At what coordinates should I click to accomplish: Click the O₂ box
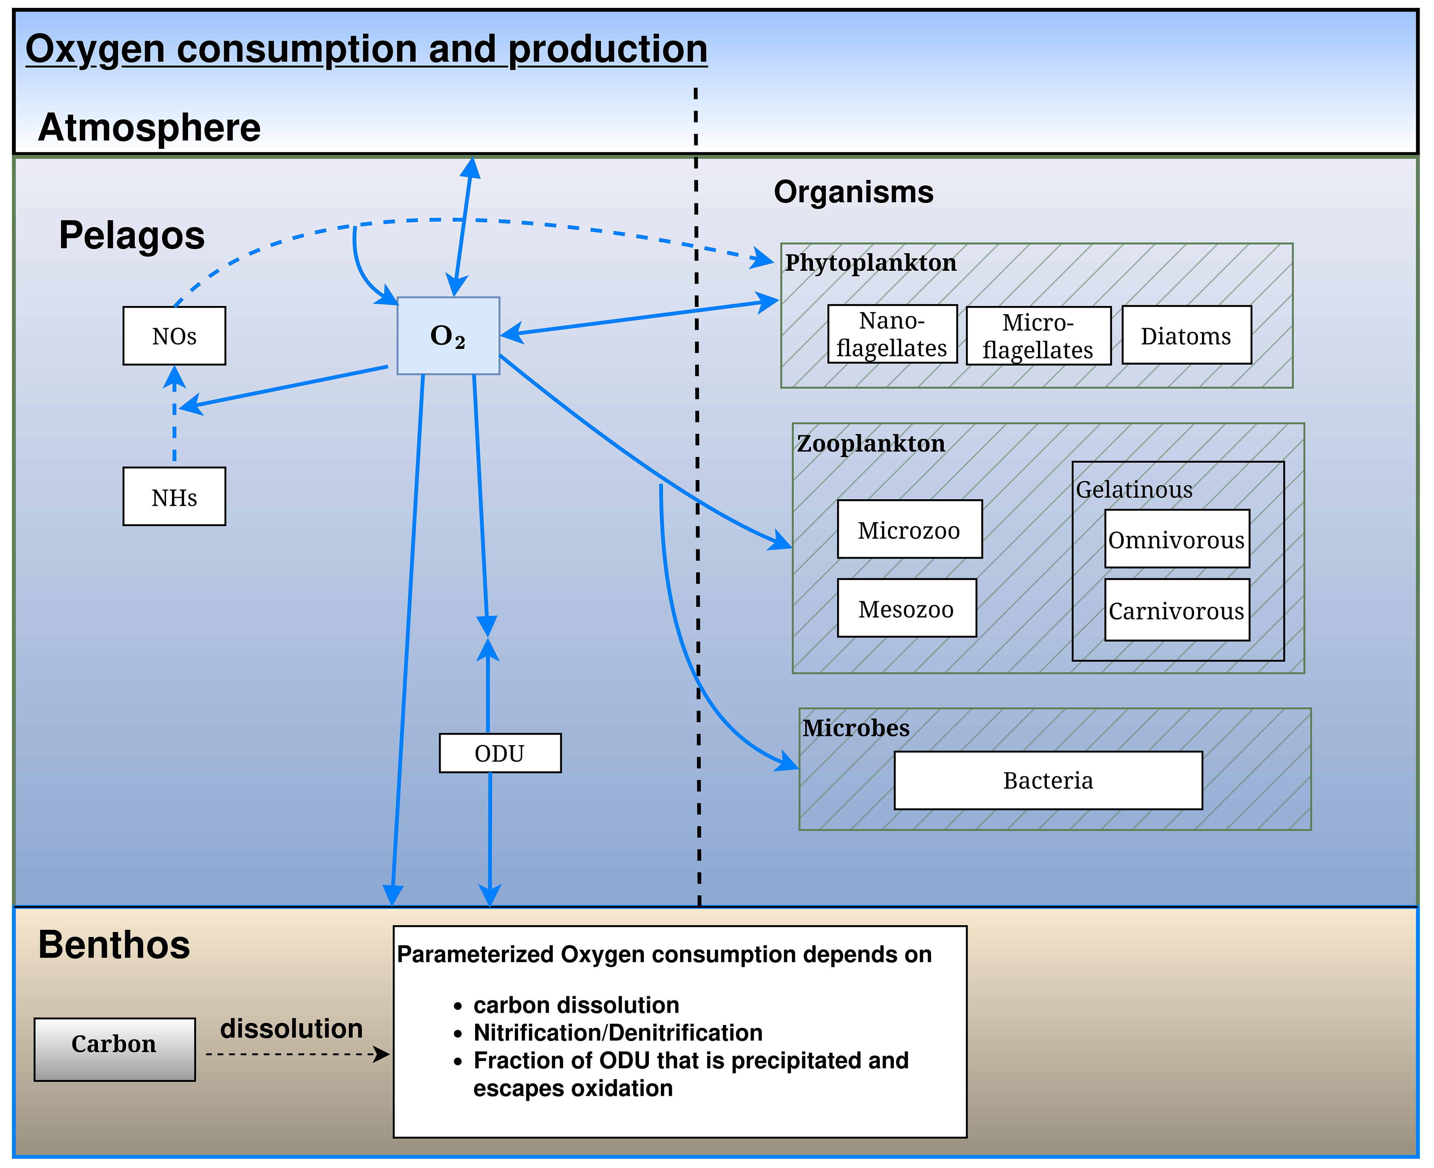tap(448, 335)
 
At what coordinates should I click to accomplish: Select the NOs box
tap(174, 336)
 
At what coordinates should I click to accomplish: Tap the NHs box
tap(174, 497)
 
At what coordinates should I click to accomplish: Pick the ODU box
tap(500, 753)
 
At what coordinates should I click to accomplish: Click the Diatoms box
tap(1186, 335)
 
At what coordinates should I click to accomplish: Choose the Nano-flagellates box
tap(892, 335)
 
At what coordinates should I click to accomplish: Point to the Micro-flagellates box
tap(1038, 336)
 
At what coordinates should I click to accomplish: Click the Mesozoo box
tap(906, 608)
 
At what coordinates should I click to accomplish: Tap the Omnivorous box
tap(1177, 539)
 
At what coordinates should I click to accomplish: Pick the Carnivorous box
tap(1177, 610)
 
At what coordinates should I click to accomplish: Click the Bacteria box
tap(1048, 781)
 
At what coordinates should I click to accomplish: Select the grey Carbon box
tap(114, 1050)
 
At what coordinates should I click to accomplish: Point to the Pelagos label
tap(132, 236)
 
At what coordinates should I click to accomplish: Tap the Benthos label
tap(114, 945)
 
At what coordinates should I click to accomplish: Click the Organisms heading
tap(853, 192)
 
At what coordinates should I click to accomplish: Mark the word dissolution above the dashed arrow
tap(291, 1029)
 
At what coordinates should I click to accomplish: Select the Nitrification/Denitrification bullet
tap(618, 1033)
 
